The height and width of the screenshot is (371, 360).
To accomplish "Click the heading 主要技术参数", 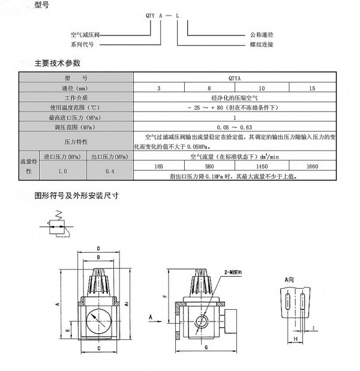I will (x=57, y=62).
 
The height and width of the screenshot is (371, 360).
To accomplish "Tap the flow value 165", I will (x=159, y=166).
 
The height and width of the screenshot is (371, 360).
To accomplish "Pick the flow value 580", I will (x=209, y=166).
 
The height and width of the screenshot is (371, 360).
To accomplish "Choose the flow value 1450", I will (x=262, y=166).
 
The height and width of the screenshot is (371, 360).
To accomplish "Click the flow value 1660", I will (x=311, y=166).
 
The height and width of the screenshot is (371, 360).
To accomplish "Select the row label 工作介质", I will (x=76, y=97).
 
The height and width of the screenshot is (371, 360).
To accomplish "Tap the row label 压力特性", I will (x=76, y=142).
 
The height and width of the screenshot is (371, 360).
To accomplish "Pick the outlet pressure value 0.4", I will (x=110, y=171).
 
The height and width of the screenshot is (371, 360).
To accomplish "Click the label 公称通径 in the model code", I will (x=261, y=35).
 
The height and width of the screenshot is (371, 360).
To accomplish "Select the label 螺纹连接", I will (x=261, y=44).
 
